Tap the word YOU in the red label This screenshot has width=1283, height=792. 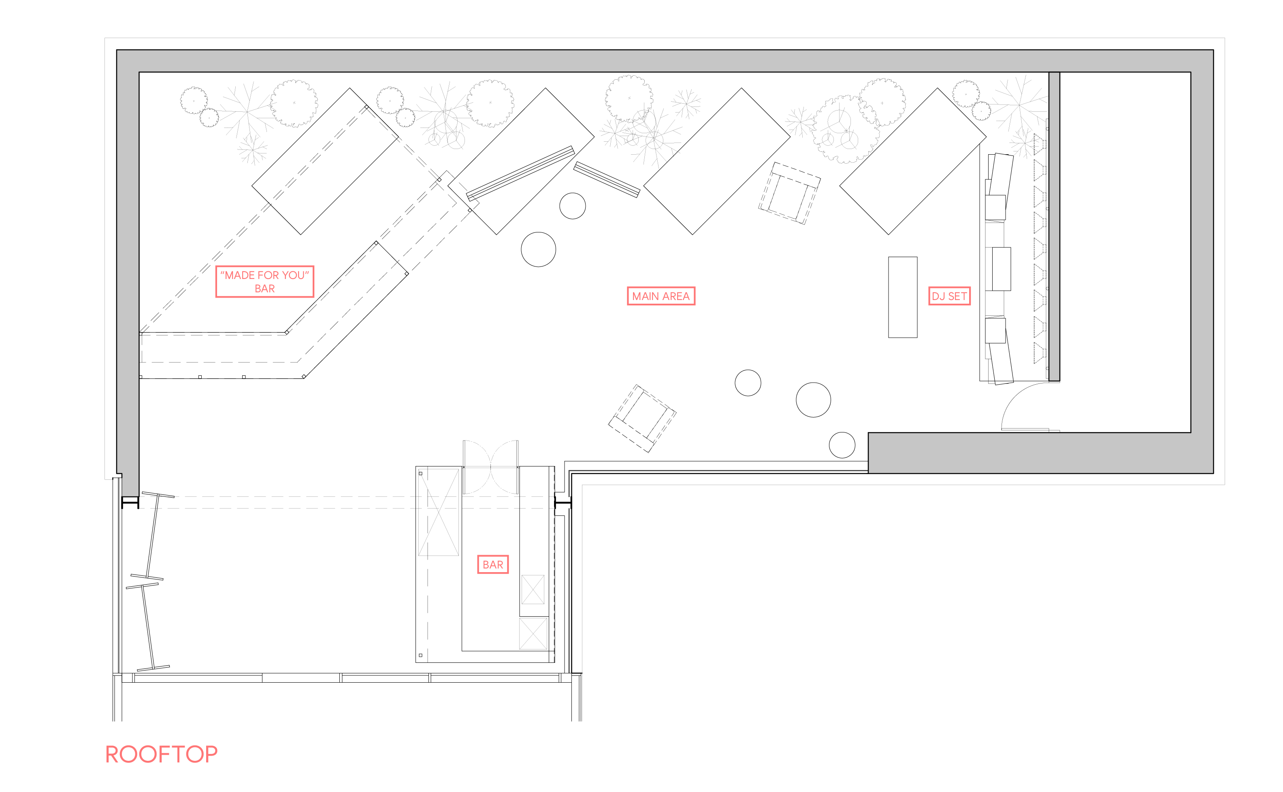click(x=293, y=275)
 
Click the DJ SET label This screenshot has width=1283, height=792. click(x=949, y=296)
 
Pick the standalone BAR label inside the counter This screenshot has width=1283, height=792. click(x=493, y=565)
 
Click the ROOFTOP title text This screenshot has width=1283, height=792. click(x=161, y=754)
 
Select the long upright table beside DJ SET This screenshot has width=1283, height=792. click(x=903, y=297)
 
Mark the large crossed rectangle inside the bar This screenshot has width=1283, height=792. click(x=439, y=512)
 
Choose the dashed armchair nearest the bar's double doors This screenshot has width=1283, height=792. click(x=642, y=419)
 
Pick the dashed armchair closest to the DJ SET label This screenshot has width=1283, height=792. click(x=789, y=193)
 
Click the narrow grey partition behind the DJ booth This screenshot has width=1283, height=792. click(x=1054, y=226)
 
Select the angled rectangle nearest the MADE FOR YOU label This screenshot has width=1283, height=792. click(x=325, y=161)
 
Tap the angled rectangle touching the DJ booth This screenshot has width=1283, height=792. click(x=912, y=161)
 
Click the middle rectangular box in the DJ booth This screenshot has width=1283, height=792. click(x=1001, y=269)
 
